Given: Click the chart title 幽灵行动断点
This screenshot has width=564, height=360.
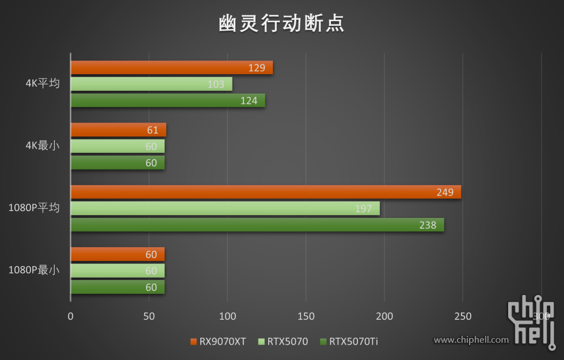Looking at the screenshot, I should click(x=281, y=23).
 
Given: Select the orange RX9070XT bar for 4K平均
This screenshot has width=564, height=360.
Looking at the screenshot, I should click(x=172, y=68).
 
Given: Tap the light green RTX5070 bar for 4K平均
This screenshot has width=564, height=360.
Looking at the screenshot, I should click(x=151, y=84).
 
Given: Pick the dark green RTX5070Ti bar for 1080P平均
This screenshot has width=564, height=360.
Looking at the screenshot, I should click(x=257, y=225).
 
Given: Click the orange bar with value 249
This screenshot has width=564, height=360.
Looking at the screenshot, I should click(x=266, y=192).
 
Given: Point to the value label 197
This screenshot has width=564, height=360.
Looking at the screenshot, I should click(x=363, y=209).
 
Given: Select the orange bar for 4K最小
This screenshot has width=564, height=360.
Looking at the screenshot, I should click(x=118, y=130).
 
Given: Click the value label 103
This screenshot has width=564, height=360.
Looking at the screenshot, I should click(x=216, y=85).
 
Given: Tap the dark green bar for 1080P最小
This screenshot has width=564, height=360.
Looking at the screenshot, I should click(x=117, y=287).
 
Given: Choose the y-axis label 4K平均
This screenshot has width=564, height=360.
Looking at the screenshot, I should click(x=43, y=83).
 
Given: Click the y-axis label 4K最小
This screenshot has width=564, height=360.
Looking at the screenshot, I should click(x=43, y=146).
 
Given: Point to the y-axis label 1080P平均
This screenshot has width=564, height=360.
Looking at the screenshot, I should click(x=34, y=208).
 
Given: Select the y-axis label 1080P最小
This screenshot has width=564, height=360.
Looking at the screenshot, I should click(x=34, y=270).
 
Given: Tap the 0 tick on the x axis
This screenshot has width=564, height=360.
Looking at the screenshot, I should click(x=71, y=316).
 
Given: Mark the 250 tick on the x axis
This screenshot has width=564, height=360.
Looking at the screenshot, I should click(x=462, y=316).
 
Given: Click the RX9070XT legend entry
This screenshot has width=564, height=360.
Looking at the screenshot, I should click(x=218, y=342).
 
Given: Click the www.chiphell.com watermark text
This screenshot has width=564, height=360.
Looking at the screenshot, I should click(x=471, y=340).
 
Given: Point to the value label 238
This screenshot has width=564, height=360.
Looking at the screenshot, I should click(x=428, y=225).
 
